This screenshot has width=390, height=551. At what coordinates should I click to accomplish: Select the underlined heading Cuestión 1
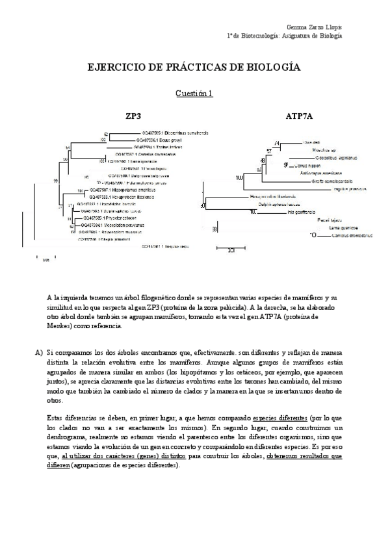click(x=194, y=94)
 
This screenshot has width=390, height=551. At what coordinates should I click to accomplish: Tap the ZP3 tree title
click(x=133, y=116)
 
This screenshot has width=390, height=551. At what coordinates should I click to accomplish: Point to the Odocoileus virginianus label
click(x=315, y=157)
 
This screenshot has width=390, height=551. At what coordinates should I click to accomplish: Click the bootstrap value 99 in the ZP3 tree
click(x=56, y=180)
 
